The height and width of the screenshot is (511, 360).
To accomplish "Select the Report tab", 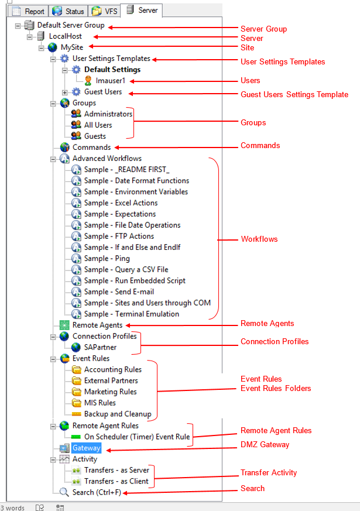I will click(29, 11).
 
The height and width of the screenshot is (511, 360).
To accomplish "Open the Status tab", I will click(68, 11).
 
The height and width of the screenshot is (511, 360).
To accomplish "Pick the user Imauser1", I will click(111, 81).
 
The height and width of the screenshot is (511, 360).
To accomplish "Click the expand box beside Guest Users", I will click(64, 92).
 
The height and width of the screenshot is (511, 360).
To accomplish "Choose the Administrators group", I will click(108, 114).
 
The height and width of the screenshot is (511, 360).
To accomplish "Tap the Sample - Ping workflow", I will click(107, 259).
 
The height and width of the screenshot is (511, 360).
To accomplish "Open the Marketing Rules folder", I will click(110, 392).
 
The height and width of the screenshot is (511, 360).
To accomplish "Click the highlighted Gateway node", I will click(86, 448).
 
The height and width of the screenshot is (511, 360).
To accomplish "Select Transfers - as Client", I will click(116, 482).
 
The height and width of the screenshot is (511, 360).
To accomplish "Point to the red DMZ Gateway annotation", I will click(265, 445).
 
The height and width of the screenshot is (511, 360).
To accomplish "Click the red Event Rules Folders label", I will click(276, 388).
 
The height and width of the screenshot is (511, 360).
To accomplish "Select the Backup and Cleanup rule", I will click(117, 414).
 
